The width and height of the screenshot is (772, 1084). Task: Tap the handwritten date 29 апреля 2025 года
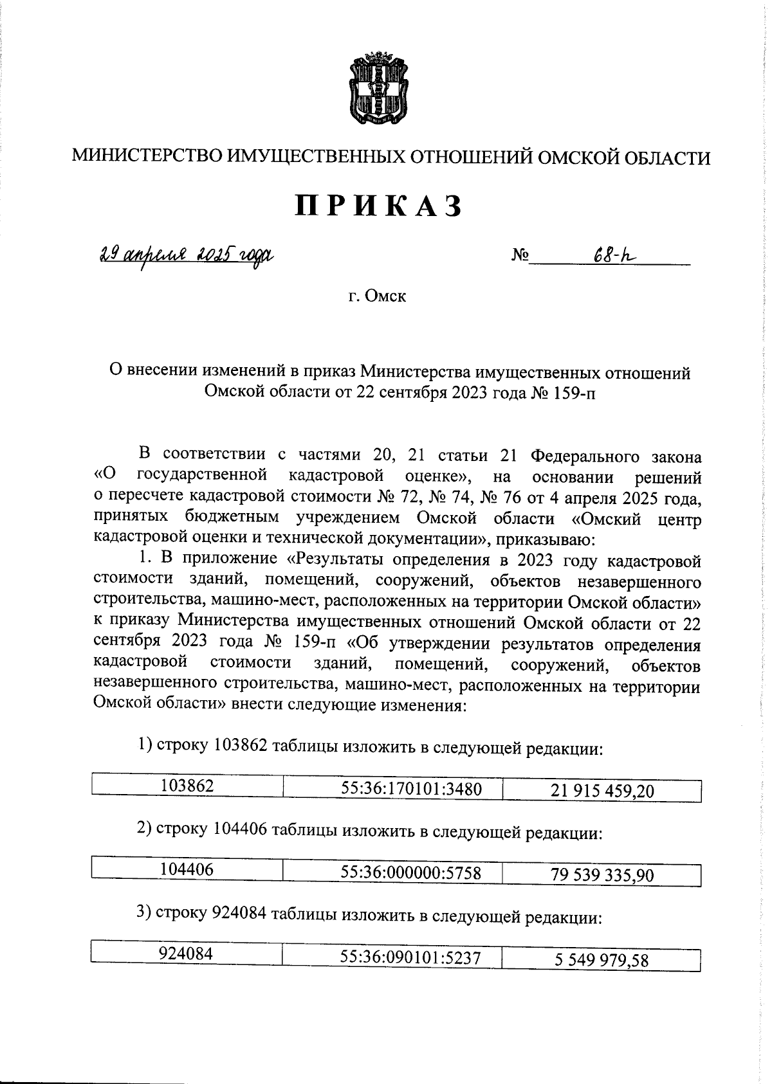[186, 255]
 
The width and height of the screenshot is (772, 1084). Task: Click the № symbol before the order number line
[519, 257]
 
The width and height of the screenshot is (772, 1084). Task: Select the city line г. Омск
[377, 296]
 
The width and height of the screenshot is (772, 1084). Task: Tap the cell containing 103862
[187, 785]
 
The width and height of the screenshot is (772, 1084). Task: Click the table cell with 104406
[187, 869]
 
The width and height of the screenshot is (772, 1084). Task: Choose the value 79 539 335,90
[602, 875]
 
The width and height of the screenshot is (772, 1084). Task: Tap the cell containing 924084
[187, 955]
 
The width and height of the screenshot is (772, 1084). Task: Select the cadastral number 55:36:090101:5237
[410, 958]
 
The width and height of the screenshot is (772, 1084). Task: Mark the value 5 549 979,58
[602, 961]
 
